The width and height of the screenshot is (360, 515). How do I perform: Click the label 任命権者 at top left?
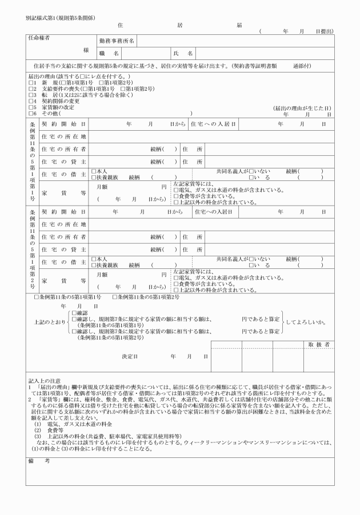(41, 38)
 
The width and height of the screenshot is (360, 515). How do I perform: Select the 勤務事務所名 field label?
(117, 41)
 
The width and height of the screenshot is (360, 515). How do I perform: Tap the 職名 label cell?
(109, 53)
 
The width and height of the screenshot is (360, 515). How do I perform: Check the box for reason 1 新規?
(30, 83)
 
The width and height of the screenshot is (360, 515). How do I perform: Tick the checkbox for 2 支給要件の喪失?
(30, 89)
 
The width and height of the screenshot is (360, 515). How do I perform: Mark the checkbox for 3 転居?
(30, 95)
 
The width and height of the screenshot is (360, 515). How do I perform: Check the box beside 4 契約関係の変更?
(30, 101)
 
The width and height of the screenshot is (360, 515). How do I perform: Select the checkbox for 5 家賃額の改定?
(30, 107)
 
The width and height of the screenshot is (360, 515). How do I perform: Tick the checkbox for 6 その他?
(30, 113)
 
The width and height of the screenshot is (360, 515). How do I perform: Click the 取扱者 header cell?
(318, 345)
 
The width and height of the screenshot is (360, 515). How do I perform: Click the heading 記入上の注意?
(48, 380)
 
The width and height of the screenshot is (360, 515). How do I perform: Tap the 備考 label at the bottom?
(37, 460)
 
